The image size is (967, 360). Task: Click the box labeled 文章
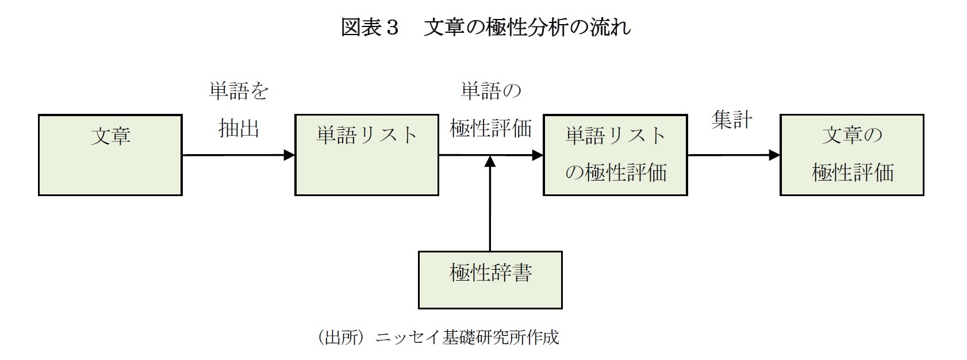(110, 155)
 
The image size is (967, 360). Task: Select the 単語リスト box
(367, 155)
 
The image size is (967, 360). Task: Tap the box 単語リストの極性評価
(615, 155)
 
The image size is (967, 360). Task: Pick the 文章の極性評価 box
(851, 155)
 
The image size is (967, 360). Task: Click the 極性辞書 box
(490, 280)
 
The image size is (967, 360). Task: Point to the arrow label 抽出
(239, 128)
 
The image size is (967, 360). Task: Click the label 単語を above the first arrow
(239, 91)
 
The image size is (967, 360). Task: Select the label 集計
(731, 120)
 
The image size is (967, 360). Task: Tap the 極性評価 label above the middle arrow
(490, 128)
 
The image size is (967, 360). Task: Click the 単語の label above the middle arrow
(490, 91)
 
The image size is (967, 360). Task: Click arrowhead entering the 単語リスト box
(289, 155)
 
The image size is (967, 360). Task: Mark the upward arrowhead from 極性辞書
(490, 162)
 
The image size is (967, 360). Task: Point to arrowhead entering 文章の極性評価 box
(774, 155)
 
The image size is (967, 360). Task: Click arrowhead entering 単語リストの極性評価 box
(538, 155)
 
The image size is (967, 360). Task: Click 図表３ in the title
(370, 27)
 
